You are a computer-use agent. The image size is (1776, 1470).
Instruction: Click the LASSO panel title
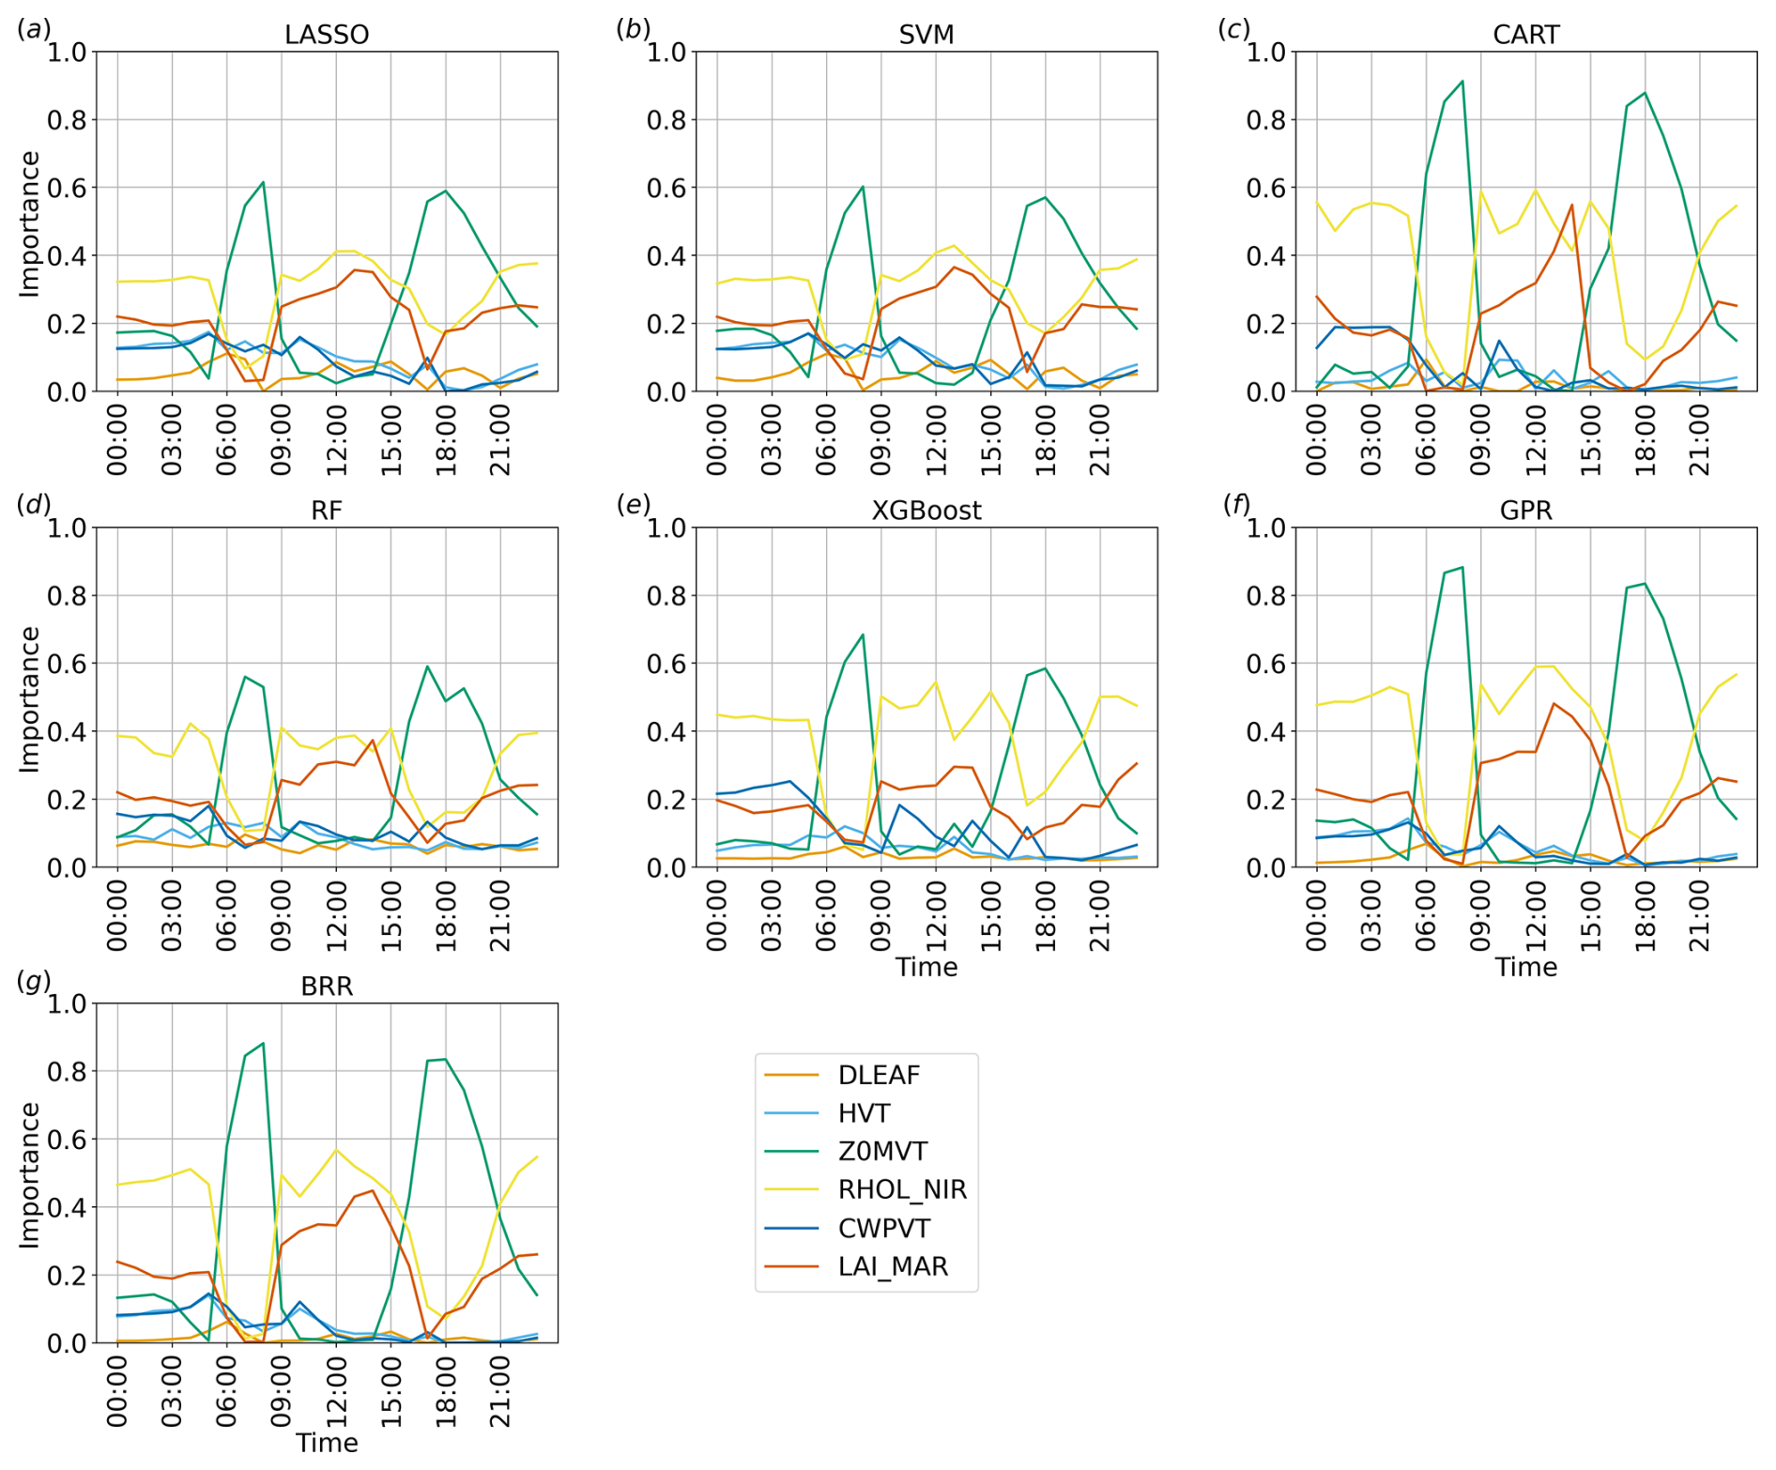coord(327,35)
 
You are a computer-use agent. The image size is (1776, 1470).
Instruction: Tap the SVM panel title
coord(926,35)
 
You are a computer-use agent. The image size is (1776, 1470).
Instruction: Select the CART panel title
coord(1525,35)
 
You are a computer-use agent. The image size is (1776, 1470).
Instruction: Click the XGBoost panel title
coord(926,511)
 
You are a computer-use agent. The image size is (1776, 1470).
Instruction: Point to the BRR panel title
coord(327,987)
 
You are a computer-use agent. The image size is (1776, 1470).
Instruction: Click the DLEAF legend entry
coord(879,1075)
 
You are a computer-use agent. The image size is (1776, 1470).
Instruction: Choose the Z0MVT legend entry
coord(882,1151)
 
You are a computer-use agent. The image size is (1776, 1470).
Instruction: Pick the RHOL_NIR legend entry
coord(901,1189)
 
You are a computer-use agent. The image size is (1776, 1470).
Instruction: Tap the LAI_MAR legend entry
coord(893,1266)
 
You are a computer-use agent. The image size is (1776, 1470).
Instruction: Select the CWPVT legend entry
coord(883,1228)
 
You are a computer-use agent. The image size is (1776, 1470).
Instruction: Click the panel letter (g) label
coord(34,982)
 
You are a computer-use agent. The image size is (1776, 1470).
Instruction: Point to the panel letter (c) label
coord(1233,29)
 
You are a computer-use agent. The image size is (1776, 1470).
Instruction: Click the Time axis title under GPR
coord(1525,967)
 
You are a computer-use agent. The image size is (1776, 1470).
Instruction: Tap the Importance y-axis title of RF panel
coord(30,699)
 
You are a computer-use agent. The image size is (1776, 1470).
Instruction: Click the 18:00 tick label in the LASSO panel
coord(446,441)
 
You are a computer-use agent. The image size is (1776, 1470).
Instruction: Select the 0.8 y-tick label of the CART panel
coord(1264,120)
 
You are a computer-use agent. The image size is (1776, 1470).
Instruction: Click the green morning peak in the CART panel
coord(1462,82)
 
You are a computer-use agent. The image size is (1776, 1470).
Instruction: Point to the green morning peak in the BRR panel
coord(263,1043)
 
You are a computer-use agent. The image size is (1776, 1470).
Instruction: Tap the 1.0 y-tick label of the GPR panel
coord(1264,528)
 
